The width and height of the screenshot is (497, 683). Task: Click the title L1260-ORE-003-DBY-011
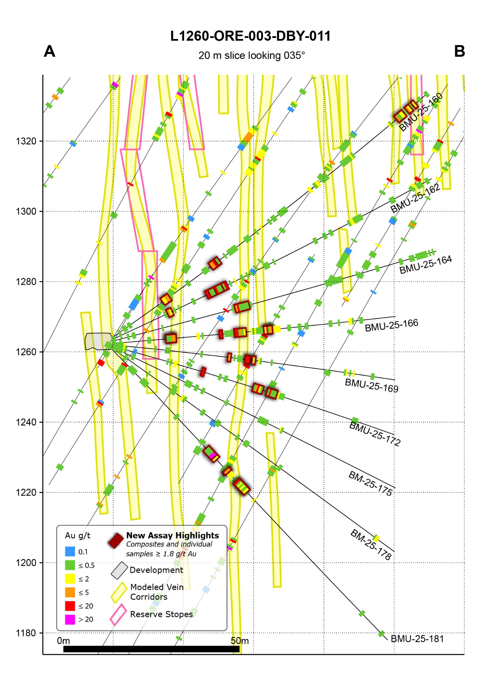tap(250, 36)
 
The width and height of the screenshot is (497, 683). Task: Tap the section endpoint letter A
tap(49, 52)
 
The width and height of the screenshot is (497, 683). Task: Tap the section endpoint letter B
tap(459, 52)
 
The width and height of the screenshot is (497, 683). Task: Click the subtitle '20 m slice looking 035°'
tap(251, 56)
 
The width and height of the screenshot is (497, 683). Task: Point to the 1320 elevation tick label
tap(26, 141)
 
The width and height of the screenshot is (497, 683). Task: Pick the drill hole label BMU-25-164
tap(425, 265)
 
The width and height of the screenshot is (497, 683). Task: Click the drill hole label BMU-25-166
tap(391, 326)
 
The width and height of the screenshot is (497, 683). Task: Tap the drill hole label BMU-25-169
tap(372, 386)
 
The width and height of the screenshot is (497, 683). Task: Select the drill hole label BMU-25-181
tap(417, 639)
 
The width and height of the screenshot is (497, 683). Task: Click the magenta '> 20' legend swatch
tap(70, 620)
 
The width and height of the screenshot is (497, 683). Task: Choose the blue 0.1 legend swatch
tap(70, 551)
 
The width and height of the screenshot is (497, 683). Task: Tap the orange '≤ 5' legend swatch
tap(70, 592)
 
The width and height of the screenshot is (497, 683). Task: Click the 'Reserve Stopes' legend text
tap(161, 614)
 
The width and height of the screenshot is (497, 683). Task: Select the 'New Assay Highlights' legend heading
tap(172, 535)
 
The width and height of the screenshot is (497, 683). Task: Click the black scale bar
tap(152, 649)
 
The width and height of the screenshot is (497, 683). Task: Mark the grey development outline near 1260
tap(98, 341)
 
